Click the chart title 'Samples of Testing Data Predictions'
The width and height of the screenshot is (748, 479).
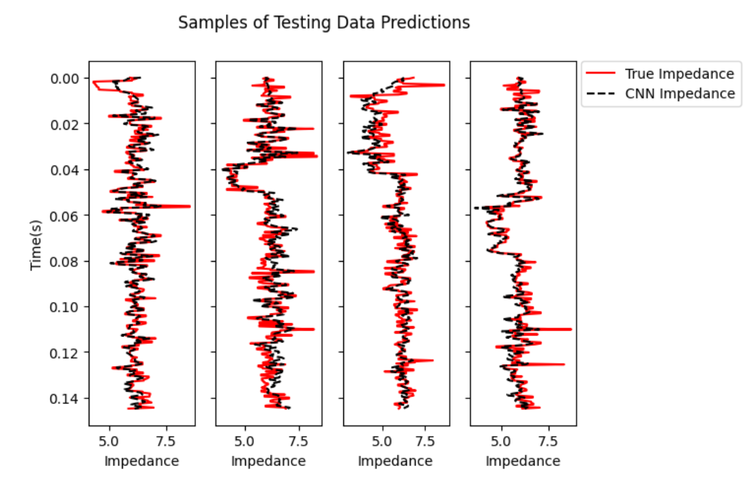click(323, 23)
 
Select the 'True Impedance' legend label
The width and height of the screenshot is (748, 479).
click(679, 74)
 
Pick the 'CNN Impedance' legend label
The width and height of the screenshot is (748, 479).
click(680, 94)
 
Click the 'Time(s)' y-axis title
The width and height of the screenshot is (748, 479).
click(37, 243)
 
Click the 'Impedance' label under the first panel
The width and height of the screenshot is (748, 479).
click(141, 461)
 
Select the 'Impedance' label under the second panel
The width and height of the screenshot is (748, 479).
click(268, 461)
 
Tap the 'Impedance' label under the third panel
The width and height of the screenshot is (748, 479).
click(395, 461)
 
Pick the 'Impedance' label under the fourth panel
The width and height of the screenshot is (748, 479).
click(523, 461)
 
